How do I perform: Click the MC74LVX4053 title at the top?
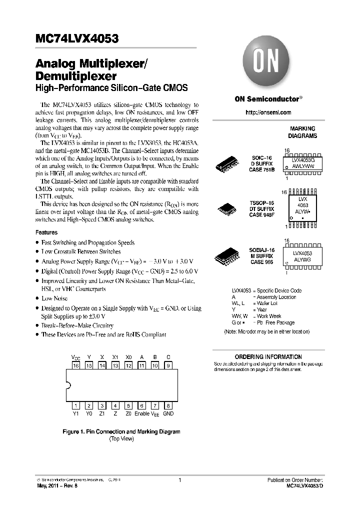(77, 39)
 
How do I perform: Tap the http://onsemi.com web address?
(268, 112)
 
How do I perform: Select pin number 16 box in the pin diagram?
(76, 365)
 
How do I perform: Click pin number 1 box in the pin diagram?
(76, 405)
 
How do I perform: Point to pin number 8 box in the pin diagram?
(168, 405)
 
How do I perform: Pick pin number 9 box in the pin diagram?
(168, 365)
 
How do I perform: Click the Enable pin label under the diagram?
(142, 413)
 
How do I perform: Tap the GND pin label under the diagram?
(168, 413)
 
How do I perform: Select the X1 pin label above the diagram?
(115, 357)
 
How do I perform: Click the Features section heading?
(46, 232)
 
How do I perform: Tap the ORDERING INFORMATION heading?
(268, 357)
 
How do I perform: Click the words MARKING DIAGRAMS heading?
(302, 132)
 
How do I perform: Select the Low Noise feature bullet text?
(54, 298)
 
